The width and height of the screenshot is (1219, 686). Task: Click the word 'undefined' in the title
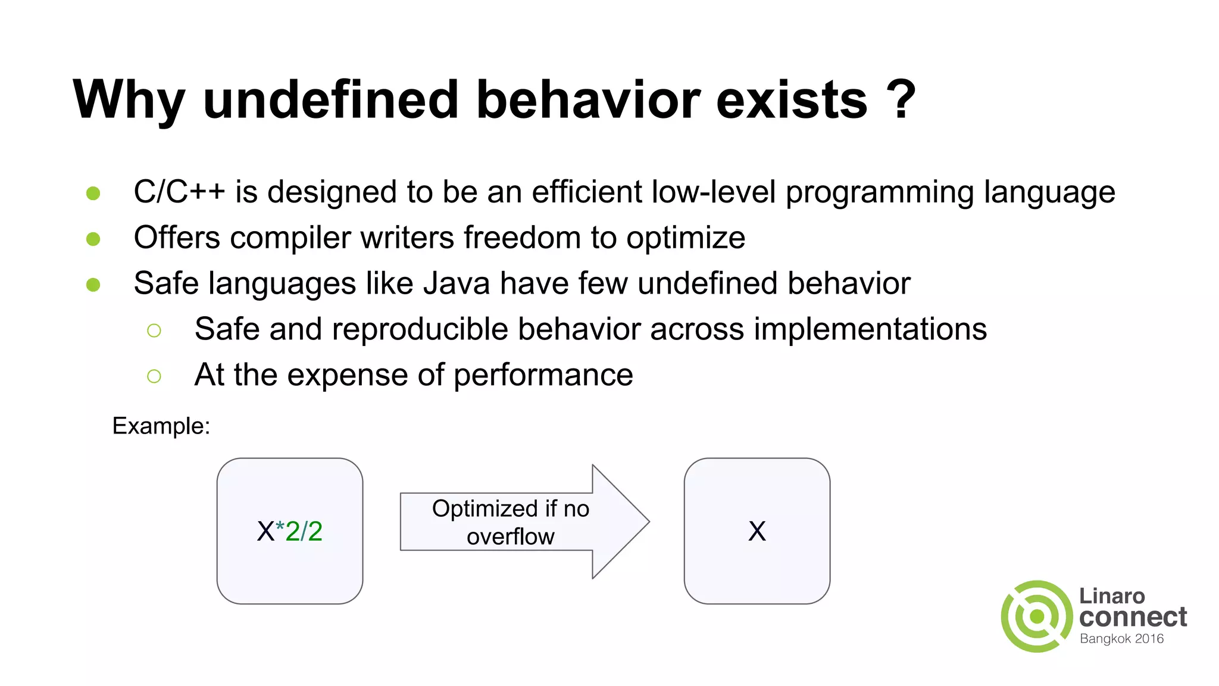[x=331, y=100]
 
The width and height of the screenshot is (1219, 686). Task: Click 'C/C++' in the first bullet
[x=179, y=192]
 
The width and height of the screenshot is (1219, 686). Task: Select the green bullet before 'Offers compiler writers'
[x=93, y=239]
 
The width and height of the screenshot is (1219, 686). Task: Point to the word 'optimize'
[x=686, y=238]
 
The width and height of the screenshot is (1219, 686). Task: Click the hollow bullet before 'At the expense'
[x=154, y=376]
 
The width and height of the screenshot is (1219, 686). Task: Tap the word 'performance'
[x=543, y=376]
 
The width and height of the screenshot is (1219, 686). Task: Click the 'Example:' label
[x=161, y=426]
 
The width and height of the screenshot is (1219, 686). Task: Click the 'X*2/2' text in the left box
[x=290, y=531]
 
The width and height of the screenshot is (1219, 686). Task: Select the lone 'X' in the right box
[x=757, y=531]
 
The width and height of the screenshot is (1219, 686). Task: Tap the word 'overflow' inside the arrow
[x=510, y=537]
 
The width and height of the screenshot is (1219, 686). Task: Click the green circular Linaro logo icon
[x=1037, y=616]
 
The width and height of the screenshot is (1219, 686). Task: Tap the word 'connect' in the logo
[x=1133, y=617]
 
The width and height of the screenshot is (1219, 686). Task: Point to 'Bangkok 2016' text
[x=1121, y=639]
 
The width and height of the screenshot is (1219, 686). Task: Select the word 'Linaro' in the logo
[x=1112, y=595]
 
